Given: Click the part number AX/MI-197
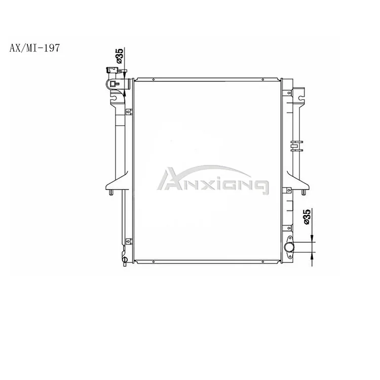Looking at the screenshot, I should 34,49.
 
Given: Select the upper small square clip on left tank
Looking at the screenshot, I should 129,112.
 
